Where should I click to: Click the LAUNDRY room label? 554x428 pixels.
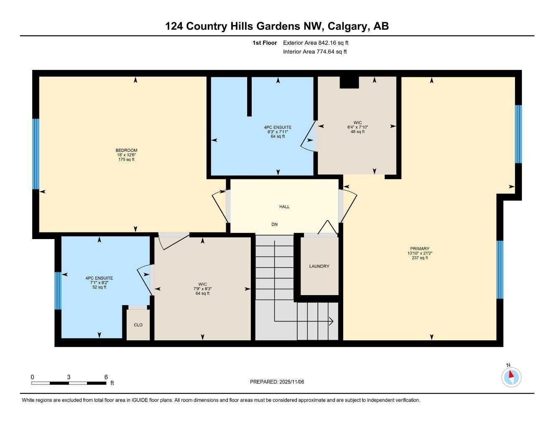coord(319,266)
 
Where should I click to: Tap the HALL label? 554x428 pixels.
coord(284,206)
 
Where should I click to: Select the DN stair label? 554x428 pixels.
coord(274,224)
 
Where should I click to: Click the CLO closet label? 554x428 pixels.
coord(138,325)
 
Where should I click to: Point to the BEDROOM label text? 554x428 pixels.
coord(126,150)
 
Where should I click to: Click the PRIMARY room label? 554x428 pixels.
coord(419,249)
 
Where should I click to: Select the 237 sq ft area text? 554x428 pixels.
coord(419,258)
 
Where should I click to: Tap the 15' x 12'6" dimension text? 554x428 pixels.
coord(126,155)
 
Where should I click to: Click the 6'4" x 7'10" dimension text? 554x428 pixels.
coord(357,127)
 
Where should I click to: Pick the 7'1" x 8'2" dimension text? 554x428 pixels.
coord(99,283)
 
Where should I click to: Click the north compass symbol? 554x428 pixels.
coord(511,377)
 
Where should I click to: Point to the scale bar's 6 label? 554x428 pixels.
coord(106,377)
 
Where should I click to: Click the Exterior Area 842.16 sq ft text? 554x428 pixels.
coord(316,43)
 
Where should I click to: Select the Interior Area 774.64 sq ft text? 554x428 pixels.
coord(315,52)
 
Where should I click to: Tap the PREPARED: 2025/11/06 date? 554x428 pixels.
coord(277,382)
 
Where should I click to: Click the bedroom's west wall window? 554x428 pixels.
coord(36,154)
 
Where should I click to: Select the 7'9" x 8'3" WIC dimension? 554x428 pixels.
coord(202,289)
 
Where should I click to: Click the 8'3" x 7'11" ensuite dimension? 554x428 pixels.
coord(278,132)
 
